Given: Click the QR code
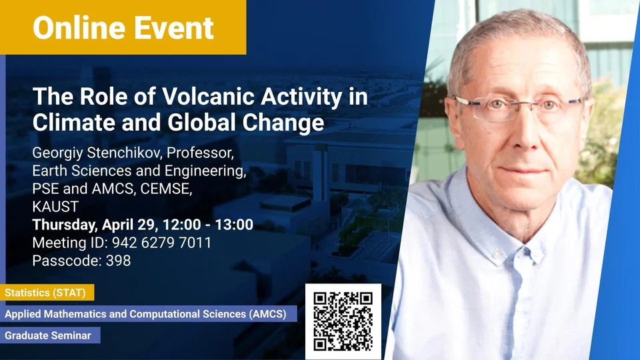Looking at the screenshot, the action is [x=343, y=321].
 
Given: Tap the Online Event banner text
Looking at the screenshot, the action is [x=123, y=28].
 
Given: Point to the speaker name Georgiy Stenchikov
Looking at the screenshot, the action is [x=97, y=153].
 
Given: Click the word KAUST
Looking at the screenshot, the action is [x=55, y=207].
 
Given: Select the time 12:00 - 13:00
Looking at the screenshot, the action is [x=208, y=225].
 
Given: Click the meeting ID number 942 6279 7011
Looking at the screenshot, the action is [x=161, y=243].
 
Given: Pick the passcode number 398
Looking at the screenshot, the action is [x=119, y=261].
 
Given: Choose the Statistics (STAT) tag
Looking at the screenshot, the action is [x=47, y=293].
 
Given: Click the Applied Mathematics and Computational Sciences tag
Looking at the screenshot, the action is [x=149, y=314].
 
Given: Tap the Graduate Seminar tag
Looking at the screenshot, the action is [x=50, y=335].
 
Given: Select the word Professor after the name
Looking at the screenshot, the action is [x=200, y=153].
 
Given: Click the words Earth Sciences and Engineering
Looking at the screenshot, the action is [x=139, y=171].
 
